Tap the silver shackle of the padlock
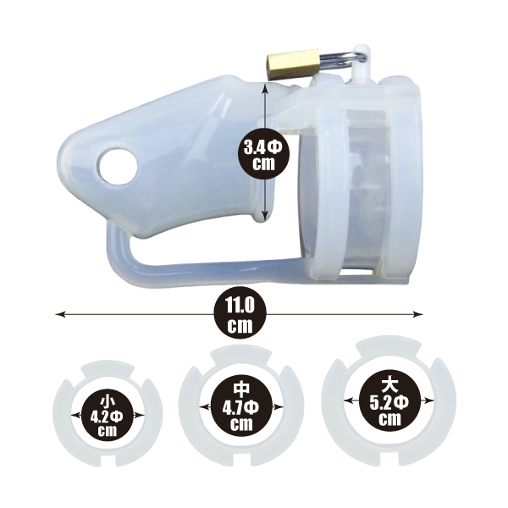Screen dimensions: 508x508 coord(344,60)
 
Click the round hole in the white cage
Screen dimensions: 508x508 coord(119,167)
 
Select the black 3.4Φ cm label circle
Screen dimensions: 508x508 coord(263,152)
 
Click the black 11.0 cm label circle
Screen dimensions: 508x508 coord(240,314)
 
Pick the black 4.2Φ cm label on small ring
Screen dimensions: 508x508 coord(108,416)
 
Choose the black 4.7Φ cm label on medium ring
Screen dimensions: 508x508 coord(241,407)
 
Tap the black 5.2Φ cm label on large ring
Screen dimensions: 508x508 coord(389,401)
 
